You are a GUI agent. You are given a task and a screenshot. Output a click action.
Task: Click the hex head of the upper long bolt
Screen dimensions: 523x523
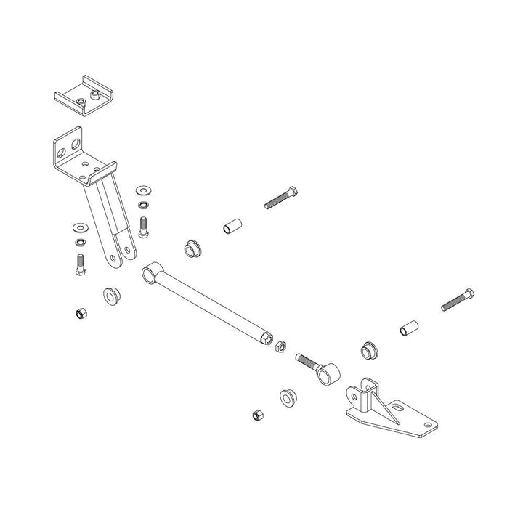tap(293, 192)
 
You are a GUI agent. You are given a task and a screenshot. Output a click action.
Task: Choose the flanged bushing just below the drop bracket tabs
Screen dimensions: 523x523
tap(112, 296)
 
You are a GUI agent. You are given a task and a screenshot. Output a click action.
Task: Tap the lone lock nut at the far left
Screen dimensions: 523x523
tap(80, 314)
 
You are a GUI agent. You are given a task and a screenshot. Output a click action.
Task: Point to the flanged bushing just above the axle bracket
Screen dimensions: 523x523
tap(370, 352)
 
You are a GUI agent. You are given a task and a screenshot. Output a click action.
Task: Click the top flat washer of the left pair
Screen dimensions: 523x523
tap(78, 227)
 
